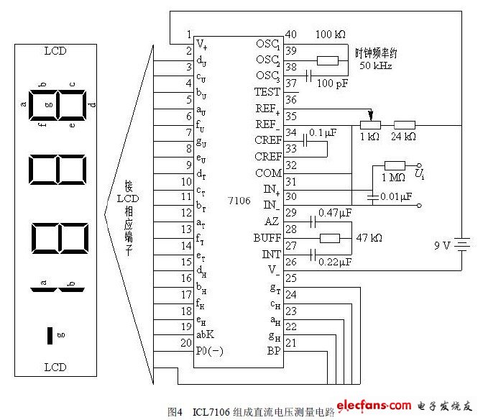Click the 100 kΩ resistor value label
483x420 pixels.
(x=331, y=35)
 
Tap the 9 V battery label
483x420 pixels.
(x=441, y=245)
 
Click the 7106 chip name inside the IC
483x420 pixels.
(x=240, y=201)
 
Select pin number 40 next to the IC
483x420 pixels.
(x=291, y=34)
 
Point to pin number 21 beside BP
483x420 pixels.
(x=291, y=343)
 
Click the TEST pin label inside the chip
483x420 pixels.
(x=267, y=92)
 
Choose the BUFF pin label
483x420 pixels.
(x=267, y=238)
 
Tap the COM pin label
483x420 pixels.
(x=269, y=173)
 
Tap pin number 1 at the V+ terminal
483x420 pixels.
(x=188, y=35)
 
